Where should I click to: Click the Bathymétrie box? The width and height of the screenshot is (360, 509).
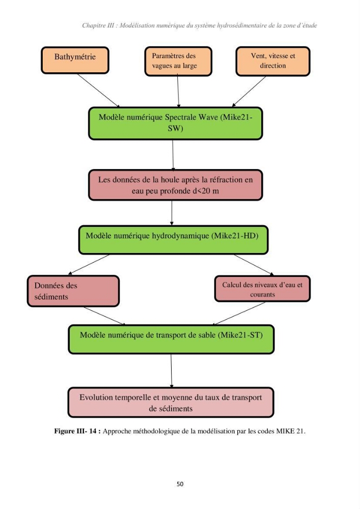[75, 60]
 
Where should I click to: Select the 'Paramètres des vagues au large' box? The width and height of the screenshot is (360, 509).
[178, 61]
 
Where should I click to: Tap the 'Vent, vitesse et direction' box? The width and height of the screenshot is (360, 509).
[273, 61]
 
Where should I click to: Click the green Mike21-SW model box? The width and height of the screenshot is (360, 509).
[175, 123]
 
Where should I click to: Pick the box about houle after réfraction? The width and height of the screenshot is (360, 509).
[175, 185]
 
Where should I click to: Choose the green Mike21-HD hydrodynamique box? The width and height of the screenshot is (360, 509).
[173, 240]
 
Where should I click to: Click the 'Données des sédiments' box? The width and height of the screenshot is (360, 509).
[73, 291]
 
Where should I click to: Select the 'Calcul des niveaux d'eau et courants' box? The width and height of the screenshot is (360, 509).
[262, 289]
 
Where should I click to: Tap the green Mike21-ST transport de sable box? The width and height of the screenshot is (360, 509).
[171, 339]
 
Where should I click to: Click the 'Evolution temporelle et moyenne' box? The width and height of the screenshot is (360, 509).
[171, 402]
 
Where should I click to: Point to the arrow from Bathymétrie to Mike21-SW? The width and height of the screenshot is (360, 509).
[98, 90]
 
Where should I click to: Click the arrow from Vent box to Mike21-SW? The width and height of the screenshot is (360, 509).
[249, 91]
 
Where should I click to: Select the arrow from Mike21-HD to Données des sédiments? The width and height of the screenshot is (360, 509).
[89, 265]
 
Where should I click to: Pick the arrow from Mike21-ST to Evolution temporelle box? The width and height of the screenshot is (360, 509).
[172, 371]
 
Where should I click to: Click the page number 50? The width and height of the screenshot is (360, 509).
[180, 484]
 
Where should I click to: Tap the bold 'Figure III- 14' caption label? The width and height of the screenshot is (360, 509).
[75, 431]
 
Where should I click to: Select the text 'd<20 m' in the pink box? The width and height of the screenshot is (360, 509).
[206, 191]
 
